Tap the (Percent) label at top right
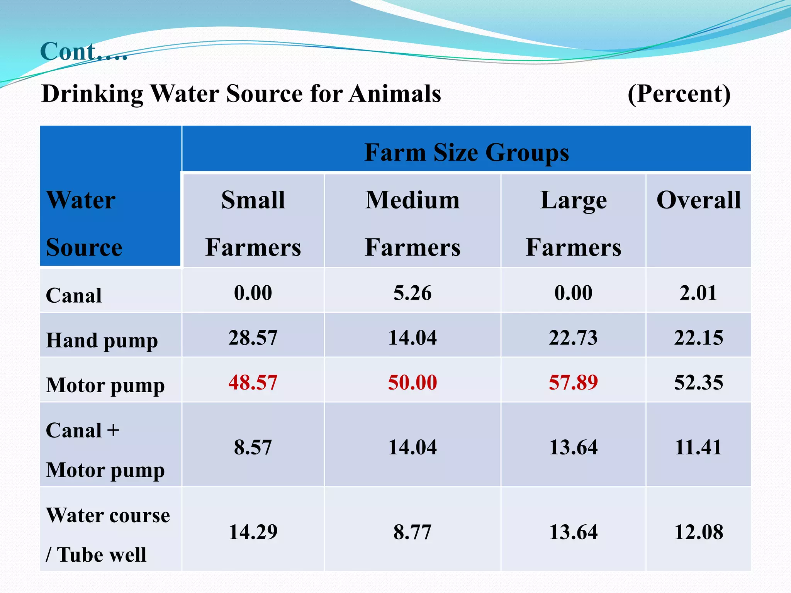(679, 94)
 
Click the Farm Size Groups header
(466, 152)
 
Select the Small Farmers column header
(253, 223)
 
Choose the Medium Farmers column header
(412, 223)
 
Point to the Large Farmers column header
(573, 223)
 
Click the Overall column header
(698, 200)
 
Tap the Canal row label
(74, 296)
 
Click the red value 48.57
(253, 383)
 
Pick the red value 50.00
(412, 383)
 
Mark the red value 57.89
(573, 383)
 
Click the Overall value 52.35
(698, 383)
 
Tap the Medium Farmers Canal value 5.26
(412, 293)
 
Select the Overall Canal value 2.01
(698, 293)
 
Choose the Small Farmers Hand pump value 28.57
(253, 338)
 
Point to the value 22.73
(573, 338)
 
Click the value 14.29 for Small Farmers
(253, 532)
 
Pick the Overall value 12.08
(698, 532)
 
